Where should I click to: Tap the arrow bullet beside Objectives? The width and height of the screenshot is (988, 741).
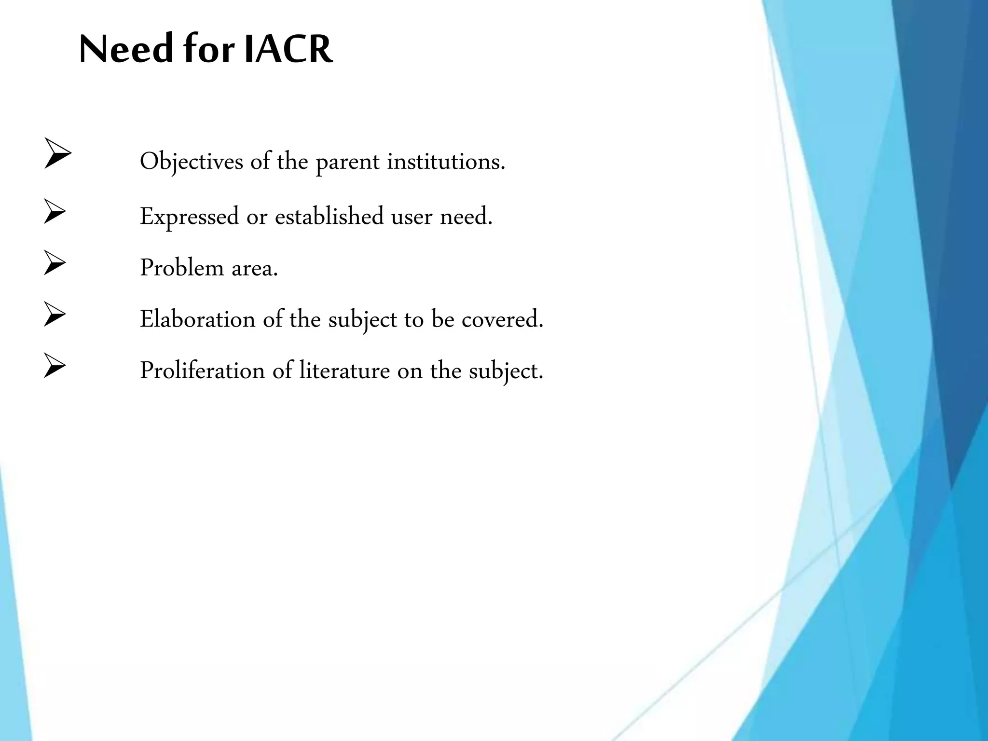58,153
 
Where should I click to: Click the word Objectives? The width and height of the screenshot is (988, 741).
192,162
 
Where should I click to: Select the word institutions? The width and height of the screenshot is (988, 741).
446,161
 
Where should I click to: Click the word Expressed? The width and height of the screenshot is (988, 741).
189,217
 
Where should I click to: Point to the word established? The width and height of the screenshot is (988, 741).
329,216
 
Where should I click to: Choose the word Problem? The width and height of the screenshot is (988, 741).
181,267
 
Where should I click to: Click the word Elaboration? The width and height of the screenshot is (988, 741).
197,319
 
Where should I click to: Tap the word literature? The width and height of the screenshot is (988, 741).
344,370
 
